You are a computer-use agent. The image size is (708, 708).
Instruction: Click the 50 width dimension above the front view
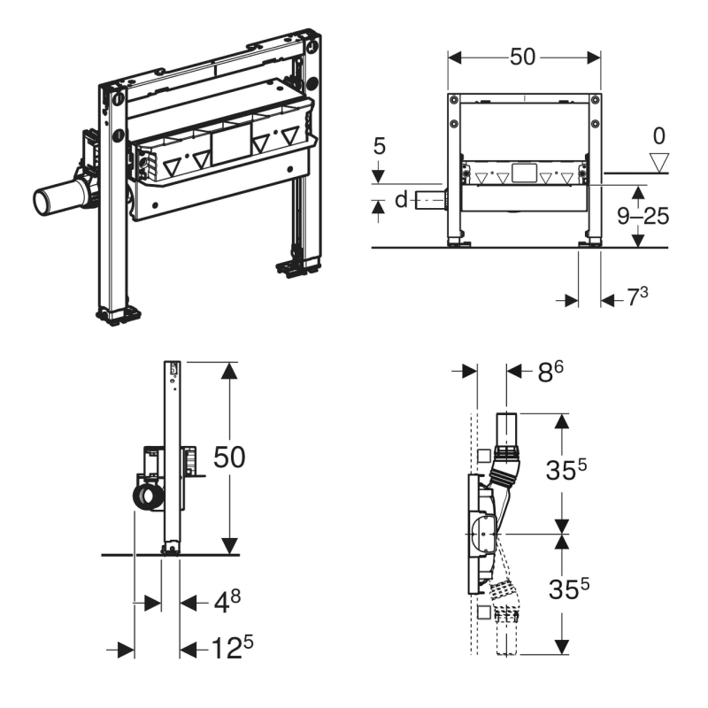522,58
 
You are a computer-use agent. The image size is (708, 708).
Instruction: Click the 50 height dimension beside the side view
229,457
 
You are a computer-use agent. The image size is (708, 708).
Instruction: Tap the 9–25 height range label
643,216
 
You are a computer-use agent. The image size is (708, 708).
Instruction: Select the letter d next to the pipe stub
401,199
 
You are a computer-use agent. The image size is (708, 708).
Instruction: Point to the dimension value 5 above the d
380,146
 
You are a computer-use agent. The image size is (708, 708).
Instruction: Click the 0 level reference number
659,136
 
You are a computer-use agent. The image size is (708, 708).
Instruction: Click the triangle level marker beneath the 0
659,163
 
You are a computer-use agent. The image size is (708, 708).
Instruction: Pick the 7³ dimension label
637,296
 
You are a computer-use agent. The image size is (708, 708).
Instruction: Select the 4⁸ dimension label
227,602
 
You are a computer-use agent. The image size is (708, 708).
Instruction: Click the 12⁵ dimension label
232,647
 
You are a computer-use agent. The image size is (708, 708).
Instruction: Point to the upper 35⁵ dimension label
566,470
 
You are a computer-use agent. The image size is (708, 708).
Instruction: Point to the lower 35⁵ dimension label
569,589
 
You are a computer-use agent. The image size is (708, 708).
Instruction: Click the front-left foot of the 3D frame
119,314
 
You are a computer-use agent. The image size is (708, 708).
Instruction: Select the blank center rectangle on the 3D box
231,144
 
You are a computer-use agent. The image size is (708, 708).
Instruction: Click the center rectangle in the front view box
524,173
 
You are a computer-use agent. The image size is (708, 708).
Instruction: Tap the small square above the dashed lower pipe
483,612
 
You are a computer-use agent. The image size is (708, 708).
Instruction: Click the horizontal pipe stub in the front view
430,199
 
